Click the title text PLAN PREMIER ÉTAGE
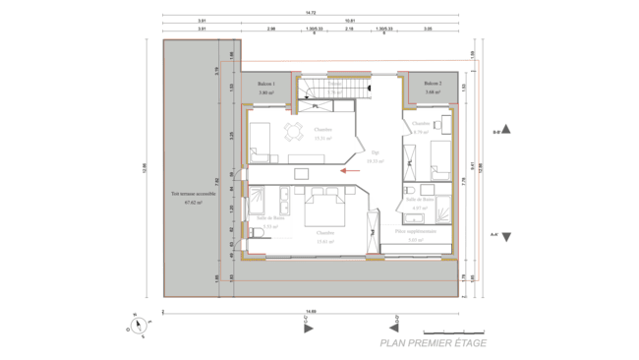[x=433, y=343]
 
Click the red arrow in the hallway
[x=343, y=170]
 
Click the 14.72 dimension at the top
[x=310, y=13]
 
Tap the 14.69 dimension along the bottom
[x=310, y=311]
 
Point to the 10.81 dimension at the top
[x=350, y=21]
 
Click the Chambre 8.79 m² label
[x=421, y=128]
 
